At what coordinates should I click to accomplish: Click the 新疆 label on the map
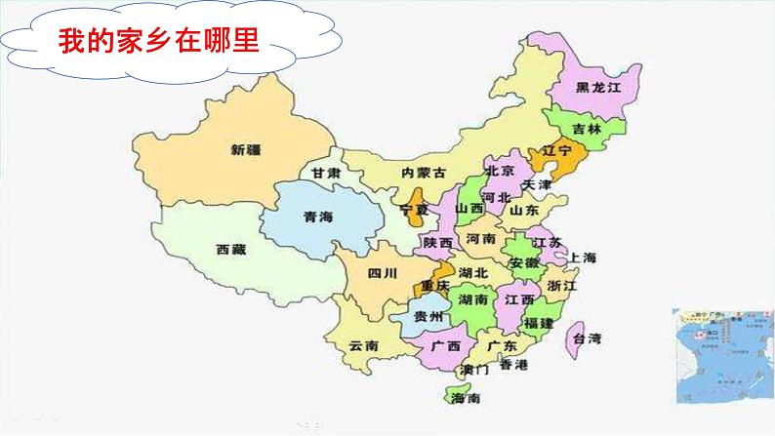pos(247,150)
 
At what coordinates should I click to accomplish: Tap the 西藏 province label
pos(231,250)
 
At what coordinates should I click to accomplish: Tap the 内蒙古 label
pos(423,172)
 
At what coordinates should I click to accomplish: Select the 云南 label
pos(363,346)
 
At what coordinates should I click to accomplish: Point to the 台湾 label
pos(588,339)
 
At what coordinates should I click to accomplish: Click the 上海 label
pos(583,258)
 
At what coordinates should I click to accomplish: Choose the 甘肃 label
pos(325,173)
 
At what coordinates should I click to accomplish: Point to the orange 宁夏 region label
pos(415,210)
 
